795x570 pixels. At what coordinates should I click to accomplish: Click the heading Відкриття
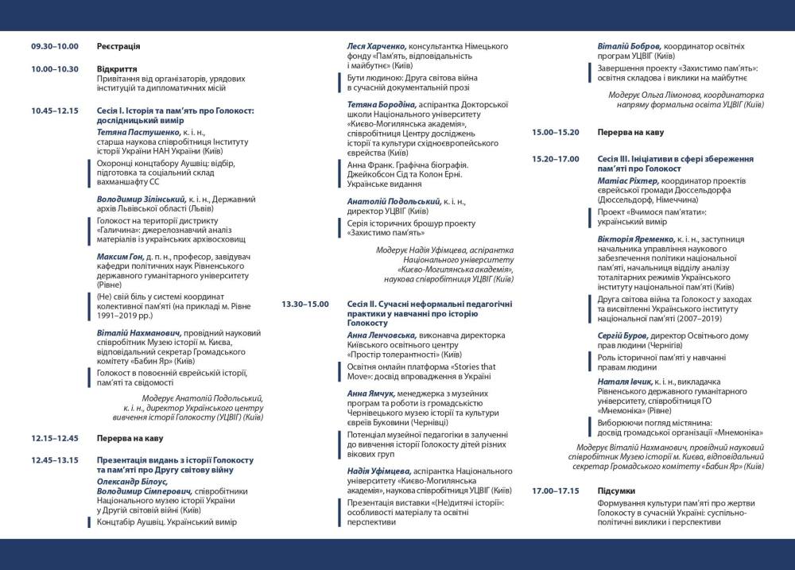click(117, 69)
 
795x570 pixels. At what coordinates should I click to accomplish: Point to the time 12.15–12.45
click(55, 438)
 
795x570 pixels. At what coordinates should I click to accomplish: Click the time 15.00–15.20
click(555, 132)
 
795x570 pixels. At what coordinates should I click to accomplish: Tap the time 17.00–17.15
click(555, 491)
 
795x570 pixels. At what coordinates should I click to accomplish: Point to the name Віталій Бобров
click(630, 47)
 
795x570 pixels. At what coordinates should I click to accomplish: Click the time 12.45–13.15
click(55, 460)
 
